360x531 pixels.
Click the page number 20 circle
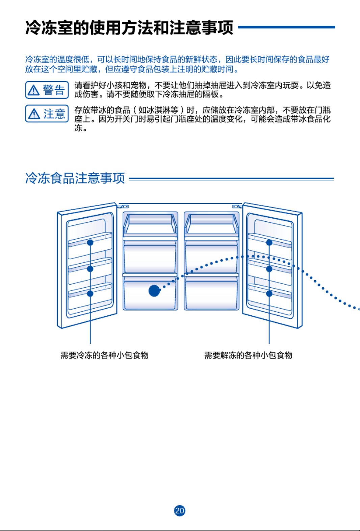[180, 510]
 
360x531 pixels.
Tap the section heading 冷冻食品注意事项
[75, 178]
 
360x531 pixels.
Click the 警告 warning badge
[47, 90]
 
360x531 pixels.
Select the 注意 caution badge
[47, 114]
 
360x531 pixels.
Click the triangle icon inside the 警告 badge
[34, 90]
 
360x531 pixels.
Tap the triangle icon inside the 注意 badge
[34, 114]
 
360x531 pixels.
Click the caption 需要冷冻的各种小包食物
[104, 355]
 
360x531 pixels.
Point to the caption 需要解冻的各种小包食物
[248, 355]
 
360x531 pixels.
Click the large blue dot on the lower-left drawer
[154, 291]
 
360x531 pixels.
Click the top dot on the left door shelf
[90, 242]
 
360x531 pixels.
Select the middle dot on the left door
[90, 269]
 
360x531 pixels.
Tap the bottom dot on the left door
[90, 293]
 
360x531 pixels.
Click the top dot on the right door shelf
[269, 242]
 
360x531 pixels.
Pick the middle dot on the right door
[269, 269]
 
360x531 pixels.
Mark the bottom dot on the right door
[269, 293]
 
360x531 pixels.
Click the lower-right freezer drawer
[211, 293]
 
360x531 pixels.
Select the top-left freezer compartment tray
[150, 224]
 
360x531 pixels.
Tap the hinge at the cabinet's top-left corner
[124, 206]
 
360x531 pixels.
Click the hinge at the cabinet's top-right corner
[236, 206]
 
